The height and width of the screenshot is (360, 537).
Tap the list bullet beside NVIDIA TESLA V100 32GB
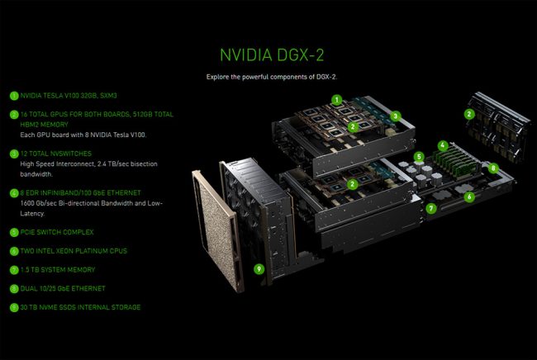point(13,96)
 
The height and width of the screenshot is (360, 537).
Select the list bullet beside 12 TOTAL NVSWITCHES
point(13,154)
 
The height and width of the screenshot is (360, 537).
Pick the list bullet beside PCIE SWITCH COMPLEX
point(13,232)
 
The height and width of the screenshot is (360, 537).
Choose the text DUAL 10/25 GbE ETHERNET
point(63,288)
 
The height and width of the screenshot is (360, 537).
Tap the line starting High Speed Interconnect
point(88,163)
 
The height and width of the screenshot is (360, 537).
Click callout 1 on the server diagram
point(336,98)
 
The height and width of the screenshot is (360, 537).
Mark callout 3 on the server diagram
point(396,116)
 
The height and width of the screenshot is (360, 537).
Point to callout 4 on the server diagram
point(443,145)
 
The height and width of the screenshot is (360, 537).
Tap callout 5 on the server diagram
point(419,156)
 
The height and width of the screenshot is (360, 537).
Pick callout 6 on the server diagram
point(468,197)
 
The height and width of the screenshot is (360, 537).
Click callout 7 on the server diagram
point(431,209)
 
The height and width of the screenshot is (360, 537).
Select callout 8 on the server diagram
point(493,168)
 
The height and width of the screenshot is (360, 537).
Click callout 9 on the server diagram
point(259,268)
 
